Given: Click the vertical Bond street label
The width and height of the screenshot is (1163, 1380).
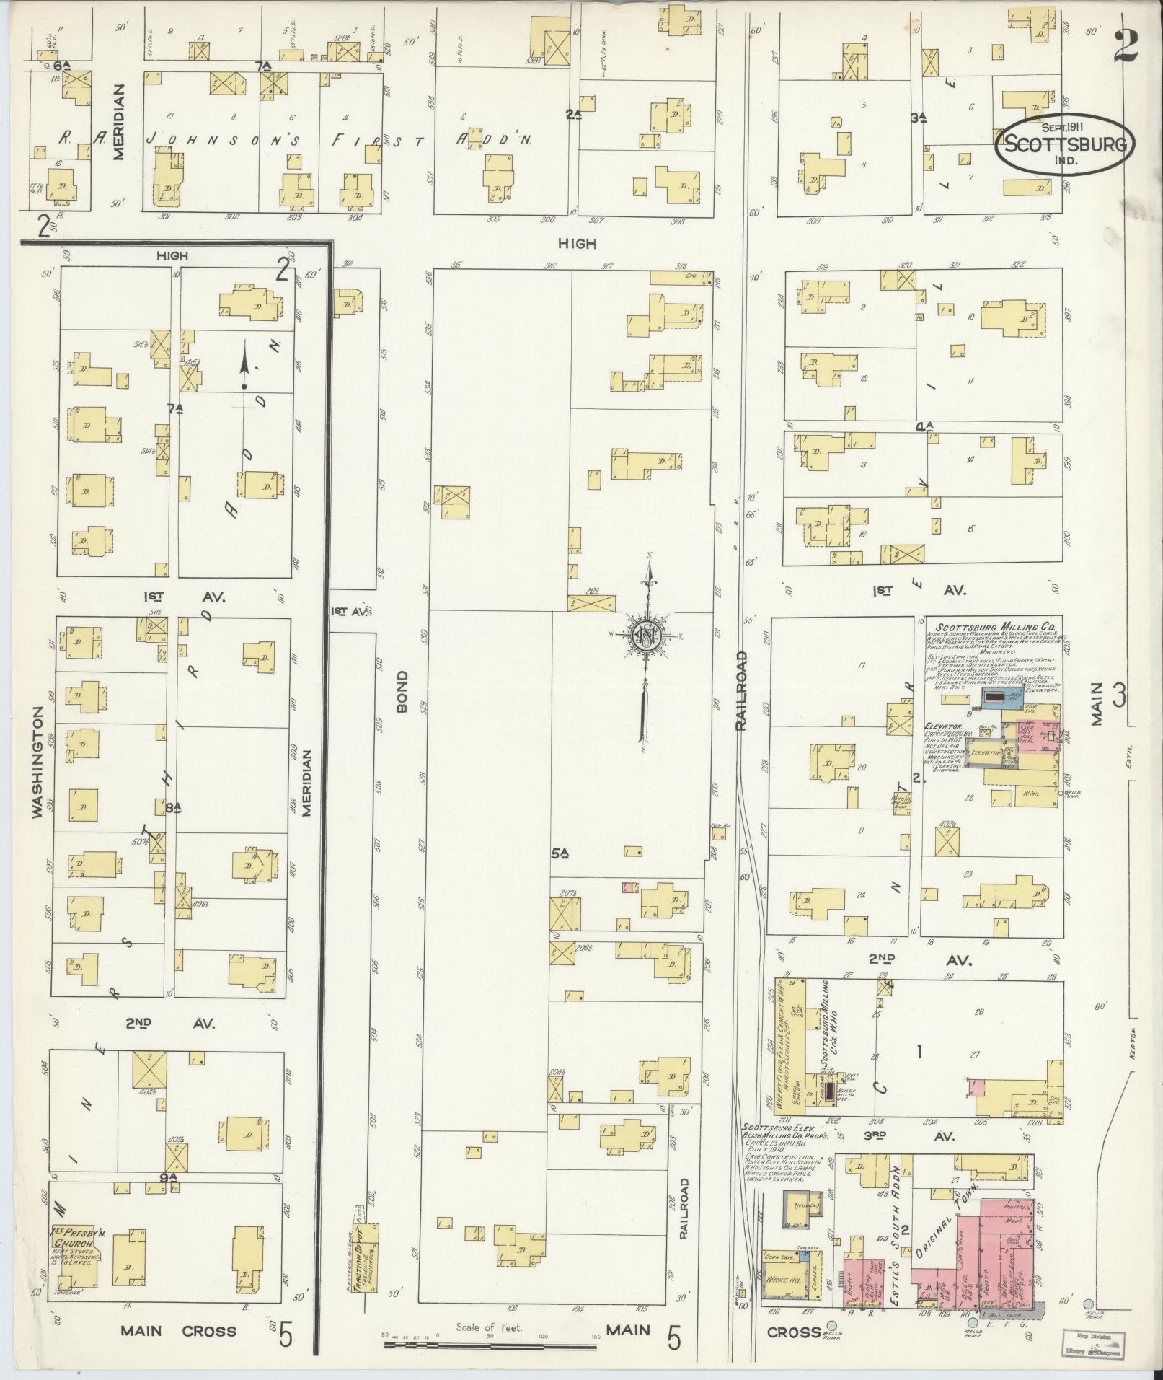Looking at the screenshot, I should (x=402, y=692).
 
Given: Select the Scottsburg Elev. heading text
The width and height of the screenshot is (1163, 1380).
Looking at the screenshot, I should (x=774, y=1146).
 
